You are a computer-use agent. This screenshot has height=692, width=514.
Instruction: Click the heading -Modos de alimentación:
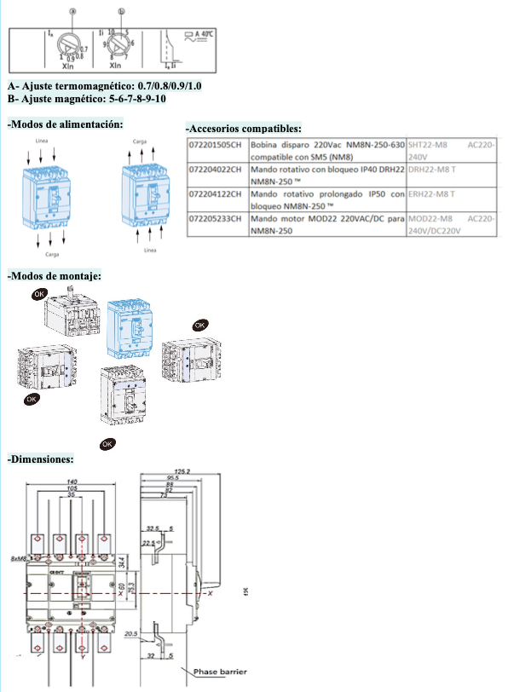[x=65, y=124]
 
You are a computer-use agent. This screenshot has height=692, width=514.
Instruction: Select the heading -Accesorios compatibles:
[x=243, y=128]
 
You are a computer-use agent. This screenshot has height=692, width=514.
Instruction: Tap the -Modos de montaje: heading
[x=55, y=276]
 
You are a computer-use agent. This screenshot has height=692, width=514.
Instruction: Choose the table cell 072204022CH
[x=217, y=170]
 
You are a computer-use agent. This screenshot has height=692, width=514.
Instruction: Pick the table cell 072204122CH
[x=217, y=195]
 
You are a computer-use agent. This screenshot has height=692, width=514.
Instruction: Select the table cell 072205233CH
[x=217, y=220]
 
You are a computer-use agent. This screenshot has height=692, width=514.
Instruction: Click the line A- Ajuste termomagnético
[x=104, y=86]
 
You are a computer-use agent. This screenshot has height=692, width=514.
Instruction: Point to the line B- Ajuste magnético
[x=87, y=98]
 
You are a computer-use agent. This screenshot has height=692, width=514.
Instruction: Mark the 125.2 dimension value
[x=181, y=471]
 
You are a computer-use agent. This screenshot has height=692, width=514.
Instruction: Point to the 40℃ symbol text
[x=205, y=35]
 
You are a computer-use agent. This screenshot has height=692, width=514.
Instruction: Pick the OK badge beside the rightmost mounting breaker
[x=200, y=325]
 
